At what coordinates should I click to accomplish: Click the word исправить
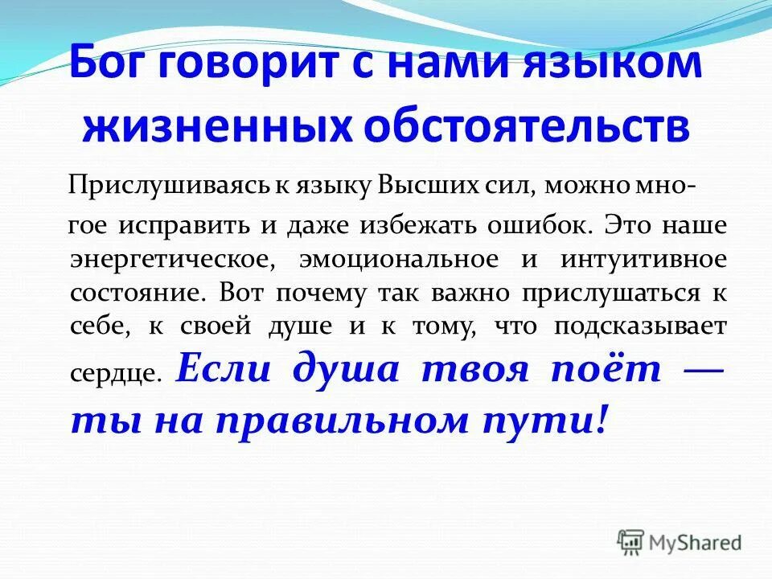coord(186,226)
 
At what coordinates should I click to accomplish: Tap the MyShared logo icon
coord(631,541)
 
